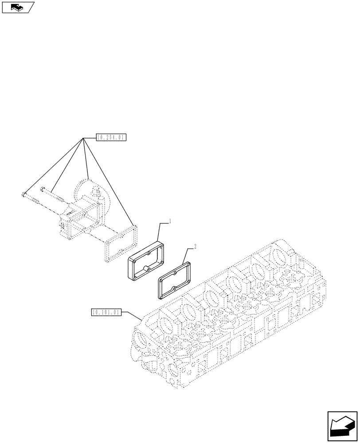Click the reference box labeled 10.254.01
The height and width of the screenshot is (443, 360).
[111, 138]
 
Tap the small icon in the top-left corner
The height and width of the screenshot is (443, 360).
[18, 7]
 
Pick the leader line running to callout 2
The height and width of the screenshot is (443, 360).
[183, 261]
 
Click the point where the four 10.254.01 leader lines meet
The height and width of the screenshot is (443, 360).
[83, 138]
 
